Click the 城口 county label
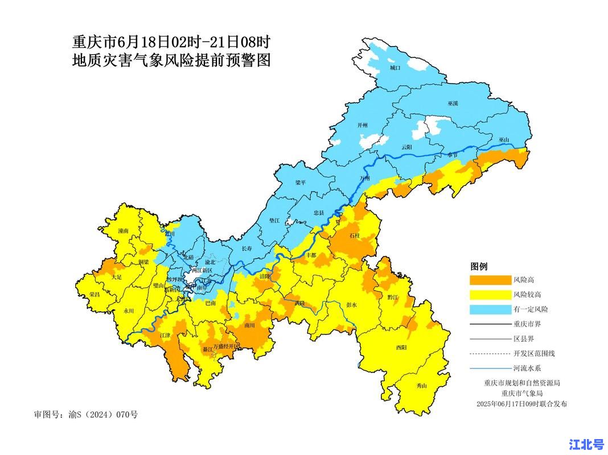point(395,68)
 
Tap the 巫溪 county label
point(453,104)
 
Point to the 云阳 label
point(406,147)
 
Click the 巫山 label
point(504,139)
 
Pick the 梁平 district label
point(301,183)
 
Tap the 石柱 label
point(355,235)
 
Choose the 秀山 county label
point(421,386)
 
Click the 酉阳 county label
point(401,347)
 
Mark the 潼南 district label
point(124,231)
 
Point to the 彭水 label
point(351,305)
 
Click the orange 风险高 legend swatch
point(490,280)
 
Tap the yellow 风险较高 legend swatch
point(490,295)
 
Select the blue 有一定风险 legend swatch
point(490,309)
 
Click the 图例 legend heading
point(478,266)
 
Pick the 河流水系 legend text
point(526,368)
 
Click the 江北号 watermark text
point(586,444)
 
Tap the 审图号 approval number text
point(86,414)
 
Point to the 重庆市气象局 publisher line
point(522,393)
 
